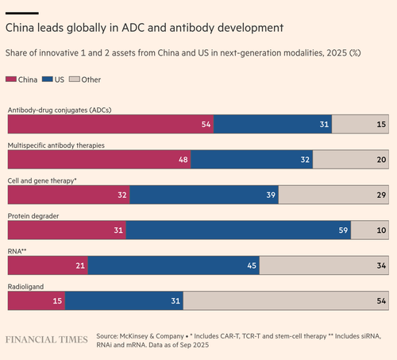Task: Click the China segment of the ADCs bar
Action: coord(110,124)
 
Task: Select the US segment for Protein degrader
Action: coord(238,230)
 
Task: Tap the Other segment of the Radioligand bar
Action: coord(286,300)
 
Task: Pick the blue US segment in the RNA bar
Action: coord(174,265)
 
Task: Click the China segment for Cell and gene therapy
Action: coord(69,195)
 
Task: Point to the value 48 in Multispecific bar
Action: coord(183,160)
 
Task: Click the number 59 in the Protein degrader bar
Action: coord(343,230)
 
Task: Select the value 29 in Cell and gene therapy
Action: coord(381,195)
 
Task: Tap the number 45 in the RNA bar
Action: coord(252,265)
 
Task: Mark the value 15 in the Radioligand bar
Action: coord(57,301)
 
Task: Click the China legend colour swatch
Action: coord(11,79)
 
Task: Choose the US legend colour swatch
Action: coord(48,79)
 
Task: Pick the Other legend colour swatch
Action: coord(75,79)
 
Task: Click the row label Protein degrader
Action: coord(33,216)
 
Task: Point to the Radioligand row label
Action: coord(25,287)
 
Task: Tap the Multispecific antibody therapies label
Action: coord(56,145)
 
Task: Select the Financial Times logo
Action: coord(47,339)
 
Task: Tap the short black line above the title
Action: coord(22,13)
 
